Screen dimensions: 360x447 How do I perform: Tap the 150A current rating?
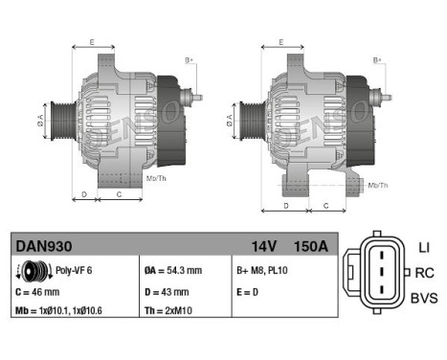click(311, 247)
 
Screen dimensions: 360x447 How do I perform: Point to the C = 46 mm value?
click(38, 290)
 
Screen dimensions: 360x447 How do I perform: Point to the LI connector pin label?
click(424, 248)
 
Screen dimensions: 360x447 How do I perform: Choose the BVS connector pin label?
click(424, 299)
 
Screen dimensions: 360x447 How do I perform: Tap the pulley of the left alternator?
click(57, 122)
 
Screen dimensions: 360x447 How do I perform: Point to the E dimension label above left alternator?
click(92, 43)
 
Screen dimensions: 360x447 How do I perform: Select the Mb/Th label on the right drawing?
click(378, 185)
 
